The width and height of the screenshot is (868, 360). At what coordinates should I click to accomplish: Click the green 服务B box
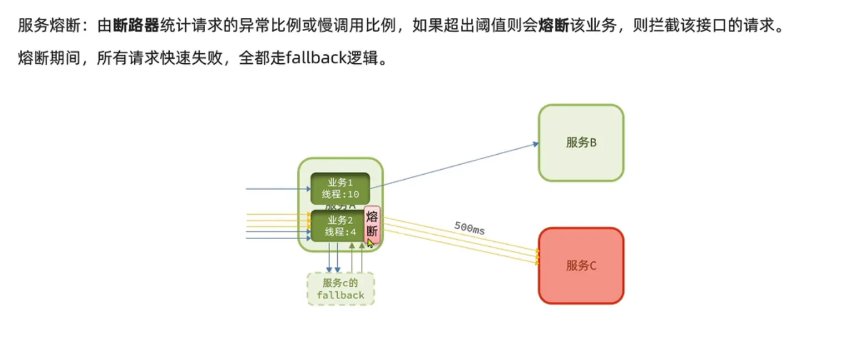click(x=581, y=143)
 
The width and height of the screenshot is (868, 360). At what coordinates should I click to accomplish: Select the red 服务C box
click(x=581, y=266)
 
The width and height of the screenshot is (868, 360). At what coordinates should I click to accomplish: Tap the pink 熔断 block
click(x=372, y=224)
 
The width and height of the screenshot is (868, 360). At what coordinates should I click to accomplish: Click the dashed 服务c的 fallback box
click(x=341, y=288)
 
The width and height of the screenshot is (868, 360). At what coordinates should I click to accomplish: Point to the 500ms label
click(x=469, y=228)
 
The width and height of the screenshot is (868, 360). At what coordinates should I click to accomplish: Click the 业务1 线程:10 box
click(x=340, y=189)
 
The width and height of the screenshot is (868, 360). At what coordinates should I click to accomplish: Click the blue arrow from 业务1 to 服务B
click(x=455, y=165)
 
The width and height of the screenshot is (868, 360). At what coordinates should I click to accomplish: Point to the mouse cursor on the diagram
click(x=370, y=242)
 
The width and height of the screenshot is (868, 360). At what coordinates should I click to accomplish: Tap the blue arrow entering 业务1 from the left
click(x=277, y=189)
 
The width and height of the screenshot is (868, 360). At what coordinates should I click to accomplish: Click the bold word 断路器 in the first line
click(x=136, y=26)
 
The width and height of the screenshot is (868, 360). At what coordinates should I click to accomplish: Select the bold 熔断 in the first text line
click(x=553, y=26)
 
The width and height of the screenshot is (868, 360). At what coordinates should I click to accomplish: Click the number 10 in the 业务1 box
click(x=353, y=194)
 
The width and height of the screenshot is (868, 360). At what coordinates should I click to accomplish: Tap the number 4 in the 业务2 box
click(x=354, y=231)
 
